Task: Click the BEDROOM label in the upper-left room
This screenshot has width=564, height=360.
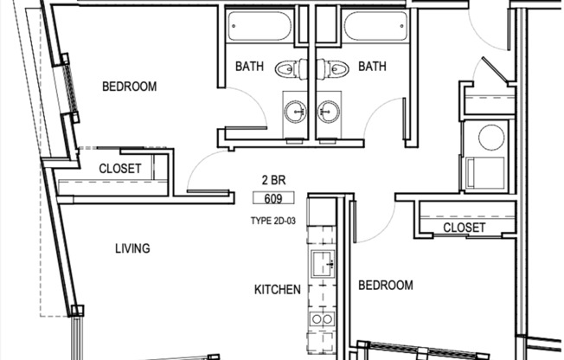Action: (129, 87)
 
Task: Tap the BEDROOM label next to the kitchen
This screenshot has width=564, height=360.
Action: (386, 285)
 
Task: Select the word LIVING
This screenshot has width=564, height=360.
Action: (132, 249)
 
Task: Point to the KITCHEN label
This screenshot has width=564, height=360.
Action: (277, 290)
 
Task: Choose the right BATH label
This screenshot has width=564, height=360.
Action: (372, 67)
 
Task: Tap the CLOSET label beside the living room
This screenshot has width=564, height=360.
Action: (120, 169)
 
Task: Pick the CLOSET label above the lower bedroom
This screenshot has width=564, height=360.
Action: (464, 228)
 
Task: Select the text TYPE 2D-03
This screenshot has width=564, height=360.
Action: (274, 221)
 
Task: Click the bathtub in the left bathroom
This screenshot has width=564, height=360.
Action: (260, 27)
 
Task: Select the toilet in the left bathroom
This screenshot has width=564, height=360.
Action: (289, 67)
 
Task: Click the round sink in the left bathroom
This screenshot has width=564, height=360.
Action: (295, 111)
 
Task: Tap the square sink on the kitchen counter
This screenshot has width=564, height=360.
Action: (323, 267)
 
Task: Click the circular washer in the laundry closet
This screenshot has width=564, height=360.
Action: (489, 137)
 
